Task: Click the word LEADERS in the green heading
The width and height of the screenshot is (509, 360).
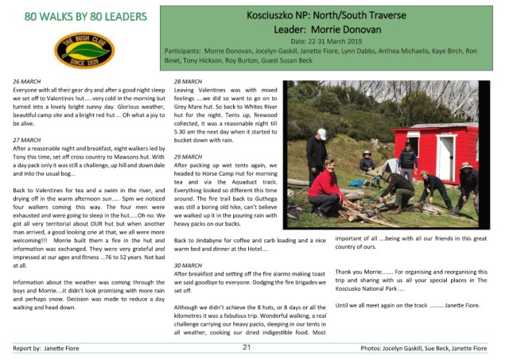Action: (120, 15)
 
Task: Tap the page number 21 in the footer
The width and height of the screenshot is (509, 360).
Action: (247, 347)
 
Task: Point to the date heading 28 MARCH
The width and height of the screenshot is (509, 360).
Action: (188, 82)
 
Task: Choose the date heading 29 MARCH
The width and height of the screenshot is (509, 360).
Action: (188, 157)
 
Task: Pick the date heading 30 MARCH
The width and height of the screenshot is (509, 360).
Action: (188, 265)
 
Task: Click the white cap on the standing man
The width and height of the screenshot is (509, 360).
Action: (321, 134)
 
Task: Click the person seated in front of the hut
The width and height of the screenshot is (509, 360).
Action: (367, 162)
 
